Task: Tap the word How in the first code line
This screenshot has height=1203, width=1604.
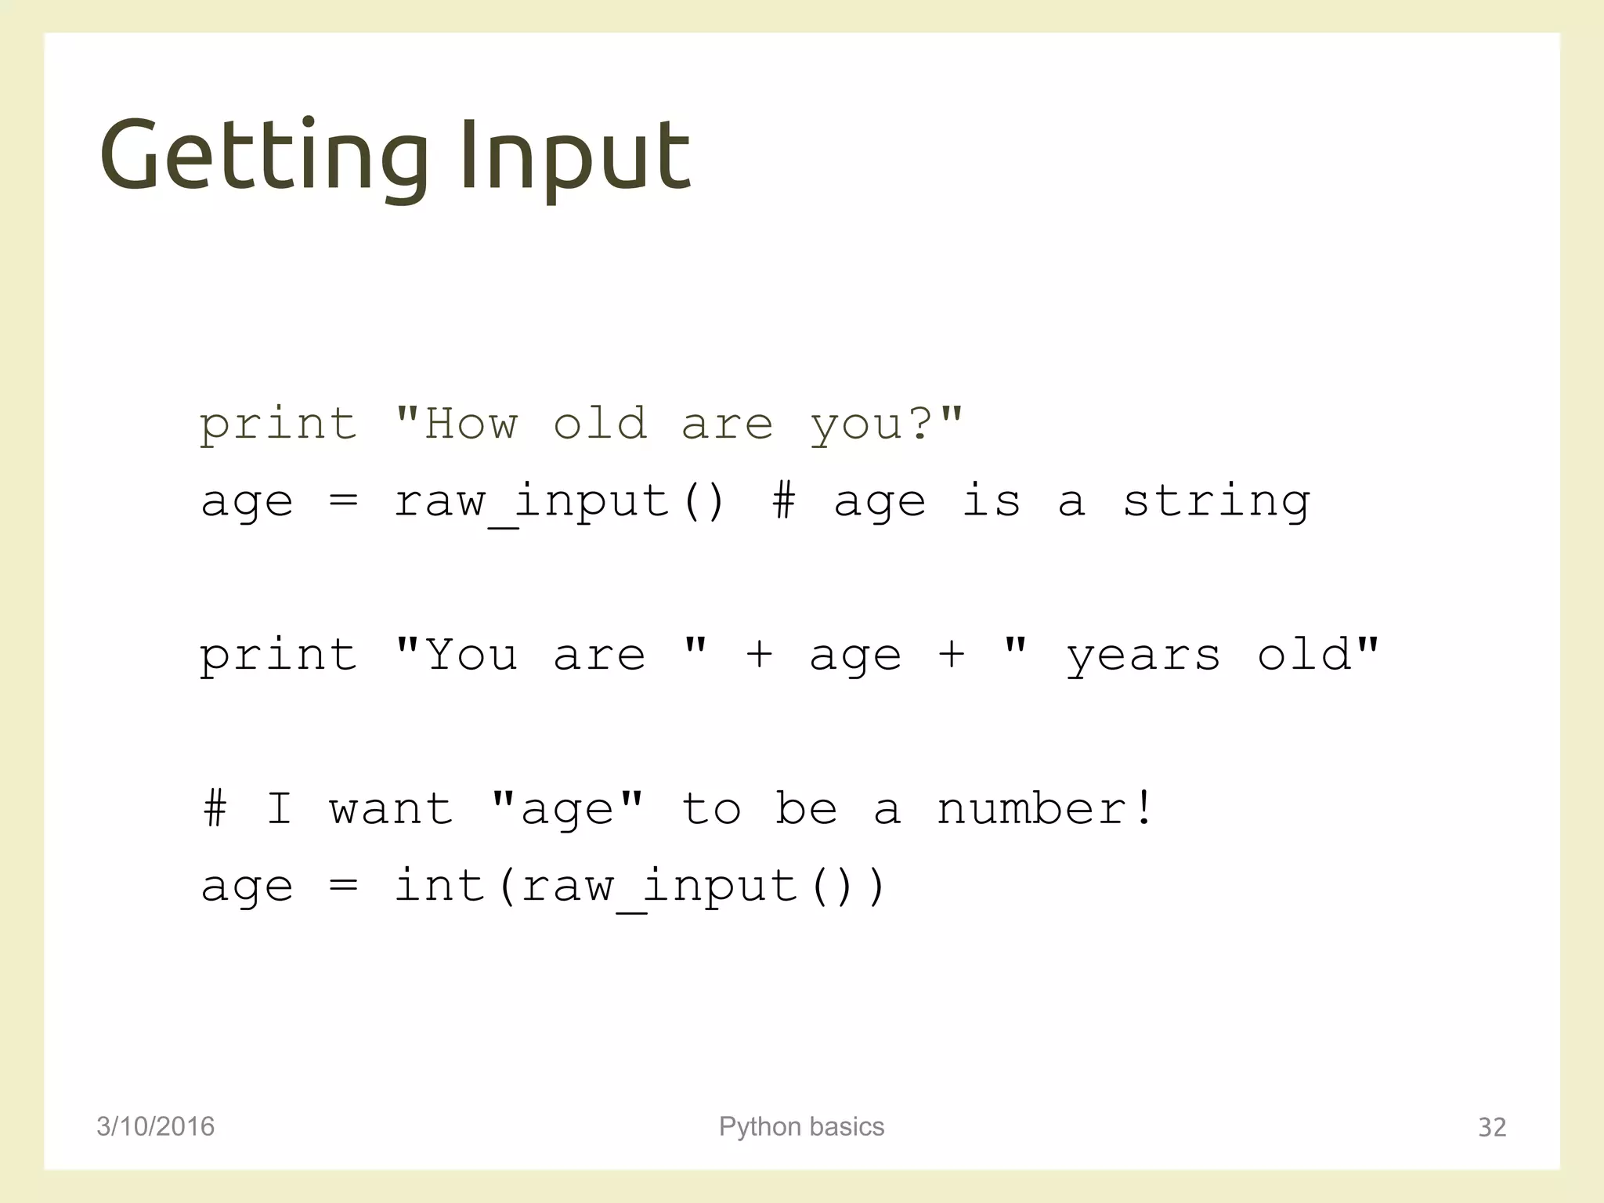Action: [470, 424]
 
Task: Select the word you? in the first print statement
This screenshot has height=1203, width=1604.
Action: [870, 425]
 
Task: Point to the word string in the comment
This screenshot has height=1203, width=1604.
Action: [1216, 501]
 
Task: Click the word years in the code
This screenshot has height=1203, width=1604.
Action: [1143, 656]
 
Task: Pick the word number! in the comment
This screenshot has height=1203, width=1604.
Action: [1045, 808]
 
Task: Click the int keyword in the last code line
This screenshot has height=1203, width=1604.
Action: [439, 885]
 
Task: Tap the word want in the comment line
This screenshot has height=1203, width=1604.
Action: [391, 809]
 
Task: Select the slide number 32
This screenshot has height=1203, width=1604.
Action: [1491, 1127]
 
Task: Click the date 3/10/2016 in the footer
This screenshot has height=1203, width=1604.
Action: [155, 1126]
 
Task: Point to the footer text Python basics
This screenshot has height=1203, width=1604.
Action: [801, 1126]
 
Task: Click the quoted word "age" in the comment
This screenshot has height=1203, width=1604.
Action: [567, 810]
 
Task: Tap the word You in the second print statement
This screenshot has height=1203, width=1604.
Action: [471, 655]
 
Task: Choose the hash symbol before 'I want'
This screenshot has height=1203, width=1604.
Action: [215, 808]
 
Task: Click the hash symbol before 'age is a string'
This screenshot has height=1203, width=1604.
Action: [784, 500]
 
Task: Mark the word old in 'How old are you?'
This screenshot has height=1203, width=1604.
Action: [600, 424]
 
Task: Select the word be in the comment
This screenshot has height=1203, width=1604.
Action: [806, 808]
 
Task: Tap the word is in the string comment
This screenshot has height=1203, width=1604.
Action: [992, 500]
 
